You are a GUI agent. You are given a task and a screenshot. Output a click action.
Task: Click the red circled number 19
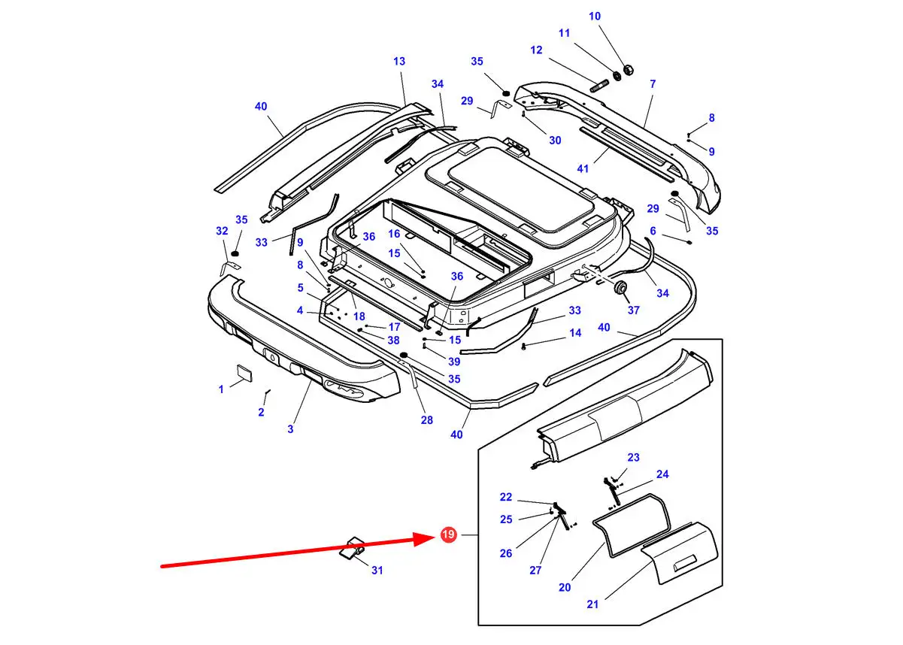tap(448, 534)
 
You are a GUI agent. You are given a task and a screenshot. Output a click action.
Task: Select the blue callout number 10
tap(595, 16)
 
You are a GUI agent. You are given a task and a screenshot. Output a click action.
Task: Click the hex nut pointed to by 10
tap(628, 70)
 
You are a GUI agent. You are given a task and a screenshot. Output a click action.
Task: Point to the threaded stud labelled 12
tap(598, 86)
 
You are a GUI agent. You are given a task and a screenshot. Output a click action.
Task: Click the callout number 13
tap(399, 62)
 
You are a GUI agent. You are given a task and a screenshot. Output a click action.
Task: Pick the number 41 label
tap(583, 168)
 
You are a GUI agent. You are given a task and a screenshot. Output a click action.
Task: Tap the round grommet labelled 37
tap(620, 287)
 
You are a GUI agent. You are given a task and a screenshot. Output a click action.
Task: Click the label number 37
tap(633, 310)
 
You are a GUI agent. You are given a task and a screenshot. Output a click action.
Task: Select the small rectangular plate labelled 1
tap(244, 373)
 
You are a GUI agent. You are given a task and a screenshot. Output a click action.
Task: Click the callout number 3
tap(290, 429)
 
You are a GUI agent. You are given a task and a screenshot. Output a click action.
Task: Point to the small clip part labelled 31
tap(352, 549)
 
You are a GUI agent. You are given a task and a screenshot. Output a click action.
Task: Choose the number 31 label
tap(377, 570)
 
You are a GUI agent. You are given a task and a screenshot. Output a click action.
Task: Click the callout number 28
tap(426, 420)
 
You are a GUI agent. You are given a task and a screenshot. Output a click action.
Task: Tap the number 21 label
tap(592, 604)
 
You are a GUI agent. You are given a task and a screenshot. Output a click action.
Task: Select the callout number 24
tap(662, 474)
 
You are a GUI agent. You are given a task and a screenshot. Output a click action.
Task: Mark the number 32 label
tap(222, 231)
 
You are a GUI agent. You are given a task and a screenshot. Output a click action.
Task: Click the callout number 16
tap(394, 234)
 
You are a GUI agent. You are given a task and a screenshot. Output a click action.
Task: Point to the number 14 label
tap(575, 332)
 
